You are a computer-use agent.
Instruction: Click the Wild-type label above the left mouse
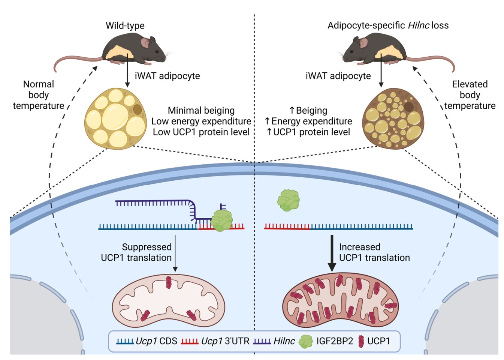pos(125,25)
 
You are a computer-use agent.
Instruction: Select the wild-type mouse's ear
pos(145,42)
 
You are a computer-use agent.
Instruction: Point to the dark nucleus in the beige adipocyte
pos(408,107)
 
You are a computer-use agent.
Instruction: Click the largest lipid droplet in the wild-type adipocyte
pos(115,116)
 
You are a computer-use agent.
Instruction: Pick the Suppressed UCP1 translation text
pos(136,252)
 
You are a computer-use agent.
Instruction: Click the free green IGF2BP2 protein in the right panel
pos(289,200)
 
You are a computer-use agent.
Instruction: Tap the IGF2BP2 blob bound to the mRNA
pos(222,220)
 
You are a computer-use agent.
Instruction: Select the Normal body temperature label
pos(39,95)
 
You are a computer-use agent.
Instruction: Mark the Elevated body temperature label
pos(470,95)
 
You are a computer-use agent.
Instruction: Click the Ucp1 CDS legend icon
pos(125,341)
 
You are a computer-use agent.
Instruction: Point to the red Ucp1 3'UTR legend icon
pos(190,341)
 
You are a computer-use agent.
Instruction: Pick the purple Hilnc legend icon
pos(262,341)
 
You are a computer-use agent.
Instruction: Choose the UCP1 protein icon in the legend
pos(361,341)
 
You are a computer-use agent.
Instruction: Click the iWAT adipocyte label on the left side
pos(167,76)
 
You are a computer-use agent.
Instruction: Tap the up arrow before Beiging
pos(292,111)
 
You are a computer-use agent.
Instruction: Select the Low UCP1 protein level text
pos(201,132)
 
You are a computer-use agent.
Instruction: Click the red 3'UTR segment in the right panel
pos(287,226)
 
